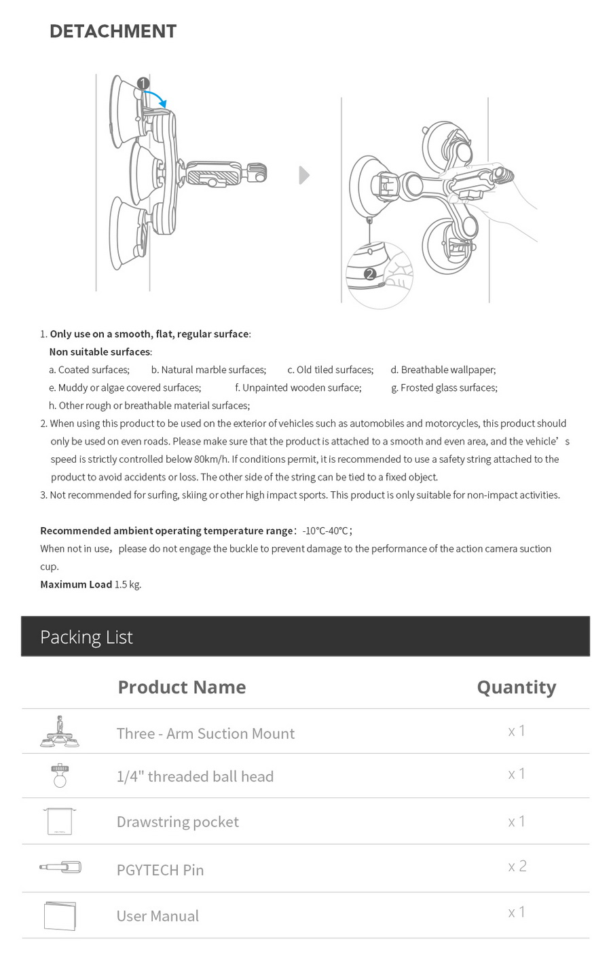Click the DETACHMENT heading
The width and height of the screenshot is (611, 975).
click(113, 31)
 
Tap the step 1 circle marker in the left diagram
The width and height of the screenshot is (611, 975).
click(143, 83)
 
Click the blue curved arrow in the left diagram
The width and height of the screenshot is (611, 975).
click(158, 98)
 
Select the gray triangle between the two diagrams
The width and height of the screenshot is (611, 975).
click(304, 175)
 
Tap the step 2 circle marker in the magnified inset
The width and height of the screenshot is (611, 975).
click(369, 274)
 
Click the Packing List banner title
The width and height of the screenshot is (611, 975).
click(86, 637)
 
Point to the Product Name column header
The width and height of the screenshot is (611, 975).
click(181, 687)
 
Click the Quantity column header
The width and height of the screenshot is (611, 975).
click(516, 687)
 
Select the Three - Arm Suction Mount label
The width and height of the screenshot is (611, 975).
click(205, 733)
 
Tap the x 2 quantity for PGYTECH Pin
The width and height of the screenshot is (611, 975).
click(517, 866)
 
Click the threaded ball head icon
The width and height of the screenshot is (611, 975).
click(60, 776)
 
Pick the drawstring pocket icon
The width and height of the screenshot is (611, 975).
click(60, 821)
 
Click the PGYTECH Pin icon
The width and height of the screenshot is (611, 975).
click(60, 867)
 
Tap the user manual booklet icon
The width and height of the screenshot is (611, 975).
click(60, 915)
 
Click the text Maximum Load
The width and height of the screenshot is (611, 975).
click(76, 584)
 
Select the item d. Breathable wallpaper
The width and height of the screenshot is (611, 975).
click(443, 370)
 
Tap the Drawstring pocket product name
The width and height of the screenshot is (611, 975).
click(177, 822)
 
